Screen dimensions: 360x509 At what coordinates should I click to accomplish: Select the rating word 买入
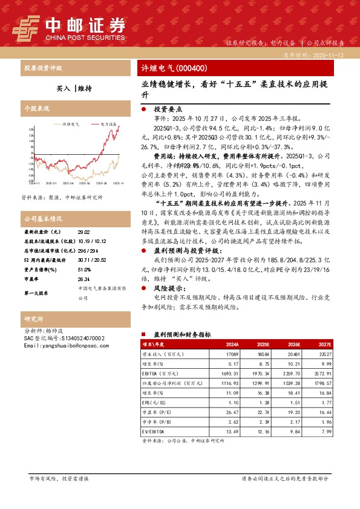click(x=63, y=88)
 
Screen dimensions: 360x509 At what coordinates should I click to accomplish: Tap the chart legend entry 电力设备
click(x=109, y=123)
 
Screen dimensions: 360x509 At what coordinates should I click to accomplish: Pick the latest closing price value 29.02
click(x=83, y=232)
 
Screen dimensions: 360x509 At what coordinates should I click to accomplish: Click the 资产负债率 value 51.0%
click(x=84, y=270)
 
